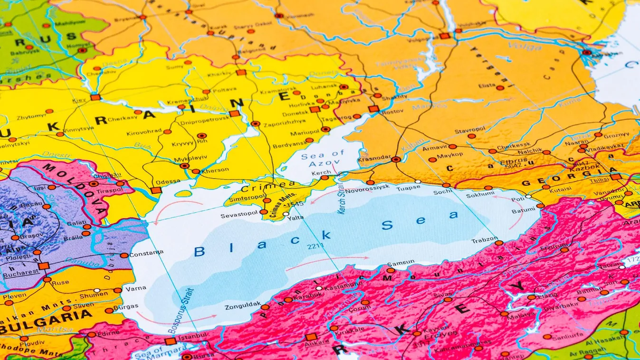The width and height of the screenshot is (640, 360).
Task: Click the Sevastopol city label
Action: (x=239, y=216)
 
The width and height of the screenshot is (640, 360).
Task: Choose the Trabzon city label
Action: (x=484, y=240)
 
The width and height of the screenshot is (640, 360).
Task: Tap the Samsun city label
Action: (x=401, y=263)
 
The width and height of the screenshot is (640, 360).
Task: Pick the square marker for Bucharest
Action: (x=44, y=265)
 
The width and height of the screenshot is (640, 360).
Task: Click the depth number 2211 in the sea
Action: (x=315, y=246)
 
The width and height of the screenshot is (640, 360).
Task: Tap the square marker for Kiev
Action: (x=95, y=97)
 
